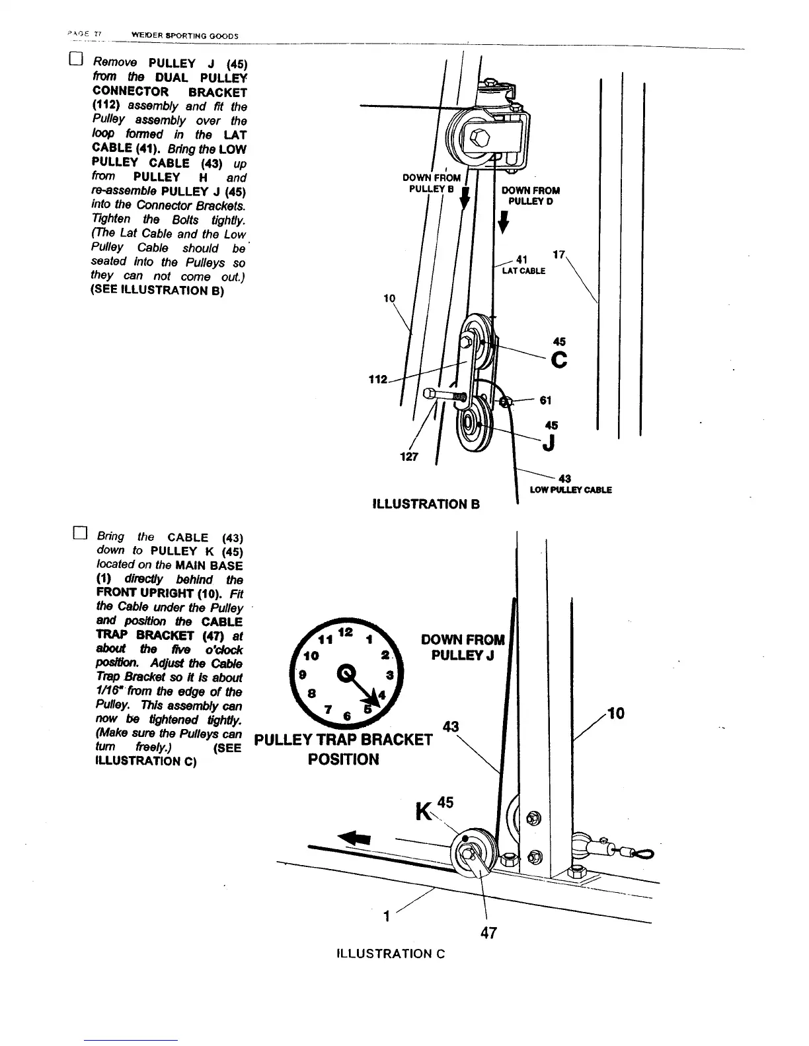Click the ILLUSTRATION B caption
426,505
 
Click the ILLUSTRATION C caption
391,954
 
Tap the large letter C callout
559,361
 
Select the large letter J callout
548,445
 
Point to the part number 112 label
377,380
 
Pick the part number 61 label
545,400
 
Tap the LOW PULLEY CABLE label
570,490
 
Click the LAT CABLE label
523,271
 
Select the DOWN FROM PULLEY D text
531,195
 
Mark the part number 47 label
489,932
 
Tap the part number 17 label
559,254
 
